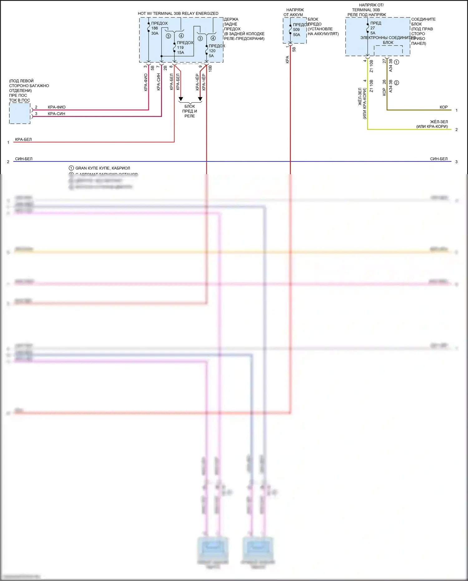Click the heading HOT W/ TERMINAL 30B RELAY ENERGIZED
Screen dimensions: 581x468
click(x=178, y=13)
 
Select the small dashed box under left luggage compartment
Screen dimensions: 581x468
click(x=20, y=113)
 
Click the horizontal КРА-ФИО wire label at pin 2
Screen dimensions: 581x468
click(x=56, y=107)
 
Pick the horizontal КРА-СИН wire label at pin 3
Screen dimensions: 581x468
click(x=56, y=114)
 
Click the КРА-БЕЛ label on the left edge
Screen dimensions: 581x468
click(x=23, y=140)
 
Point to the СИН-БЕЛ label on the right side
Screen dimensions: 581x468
click(x=439, y=159)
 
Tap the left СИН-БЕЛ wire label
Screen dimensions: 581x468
click(x=24, y=159)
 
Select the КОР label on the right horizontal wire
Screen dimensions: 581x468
click(x=443, y=107)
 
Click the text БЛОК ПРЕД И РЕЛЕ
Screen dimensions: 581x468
click(x=190, y=111)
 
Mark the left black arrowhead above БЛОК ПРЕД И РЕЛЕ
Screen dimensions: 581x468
click(x=181, y=99)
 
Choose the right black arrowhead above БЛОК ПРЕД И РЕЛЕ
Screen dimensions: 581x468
click(x=200, y=99)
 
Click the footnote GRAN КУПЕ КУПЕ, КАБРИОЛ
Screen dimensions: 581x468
click(x=102, y=168)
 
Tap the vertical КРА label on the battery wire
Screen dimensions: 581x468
click(x=287, y=60)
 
